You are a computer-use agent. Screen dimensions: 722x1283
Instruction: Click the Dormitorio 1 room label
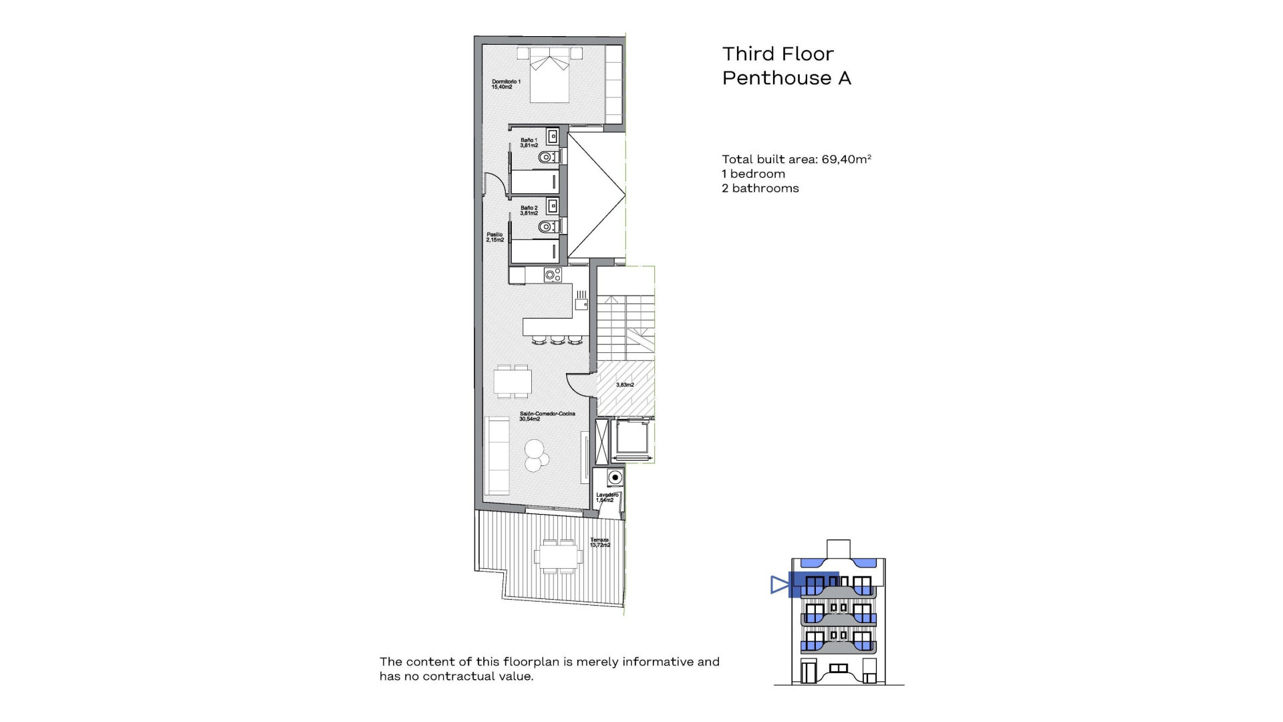point(506,84)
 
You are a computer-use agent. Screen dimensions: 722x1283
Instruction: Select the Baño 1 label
point(529,142)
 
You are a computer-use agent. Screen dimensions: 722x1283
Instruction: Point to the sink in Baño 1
point(553,137)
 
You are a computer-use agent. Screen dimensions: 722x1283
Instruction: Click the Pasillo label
point(494,237)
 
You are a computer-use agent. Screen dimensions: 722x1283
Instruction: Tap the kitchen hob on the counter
point(553,274)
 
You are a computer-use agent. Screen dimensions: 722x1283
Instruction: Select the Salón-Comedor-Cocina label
point(547,416)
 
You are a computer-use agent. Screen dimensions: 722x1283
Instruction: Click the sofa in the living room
point(497,455)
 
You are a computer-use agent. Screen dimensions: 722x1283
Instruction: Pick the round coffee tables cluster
point(535,455)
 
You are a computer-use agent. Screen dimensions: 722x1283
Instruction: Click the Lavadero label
point(607,497)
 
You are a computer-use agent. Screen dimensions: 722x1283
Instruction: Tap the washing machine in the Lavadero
point(614,477)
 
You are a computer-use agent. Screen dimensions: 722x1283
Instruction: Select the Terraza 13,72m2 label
point(599,542)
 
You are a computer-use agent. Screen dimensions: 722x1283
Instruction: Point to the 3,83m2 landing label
point(625,385)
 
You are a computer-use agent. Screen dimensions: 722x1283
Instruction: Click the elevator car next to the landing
point(632,439)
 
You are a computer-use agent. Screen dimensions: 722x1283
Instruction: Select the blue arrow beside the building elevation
point(779,585)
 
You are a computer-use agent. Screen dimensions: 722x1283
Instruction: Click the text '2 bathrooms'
point(760,189)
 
